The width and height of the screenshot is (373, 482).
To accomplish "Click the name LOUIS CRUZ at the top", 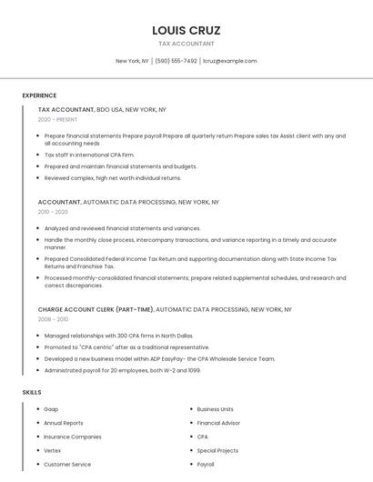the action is pos(186,30).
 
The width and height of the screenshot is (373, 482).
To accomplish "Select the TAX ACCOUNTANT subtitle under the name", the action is pos(186,44).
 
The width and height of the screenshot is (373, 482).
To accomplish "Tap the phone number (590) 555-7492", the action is pos(176,61).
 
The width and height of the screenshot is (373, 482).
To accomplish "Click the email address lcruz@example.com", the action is pos(229,61).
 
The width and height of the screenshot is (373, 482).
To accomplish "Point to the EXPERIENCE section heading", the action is pos(39,95).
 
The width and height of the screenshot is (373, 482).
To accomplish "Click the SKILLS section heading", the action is pos(31,392).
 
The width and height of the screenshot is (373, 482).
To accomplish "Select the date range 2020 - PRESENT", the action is pos(57,119).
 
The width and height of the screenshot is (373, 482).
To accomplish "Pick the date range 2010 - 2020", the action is pos(53,212).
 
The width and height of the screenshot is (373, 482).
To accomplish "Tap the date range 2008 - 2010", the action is pos(53,319).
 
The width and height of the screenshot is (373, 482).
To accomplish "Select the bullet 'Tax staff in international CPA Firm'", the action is pos(89,155).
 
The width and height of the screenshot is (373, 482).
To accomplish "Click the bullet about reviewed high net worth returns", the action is pos(113,178).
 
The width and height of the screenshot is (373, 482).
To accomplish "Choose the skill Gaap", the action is pos(51,409).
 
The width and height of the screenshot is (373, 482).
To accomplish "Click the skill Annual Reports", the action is pos(64,423).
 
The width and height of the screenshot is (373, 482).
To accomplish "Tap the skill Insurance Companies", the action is pos(73,437).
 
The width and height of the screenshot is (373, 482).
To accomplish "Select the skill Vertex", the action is pos(53,450).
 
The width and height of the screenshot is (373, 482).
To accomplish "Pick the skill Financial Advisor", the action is pos(218,423).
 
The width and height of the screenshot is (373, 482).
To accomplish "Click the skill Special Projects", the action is pos(217,450).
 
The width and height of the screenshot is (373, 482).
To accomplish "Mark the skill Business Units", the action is pos(216,409).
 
